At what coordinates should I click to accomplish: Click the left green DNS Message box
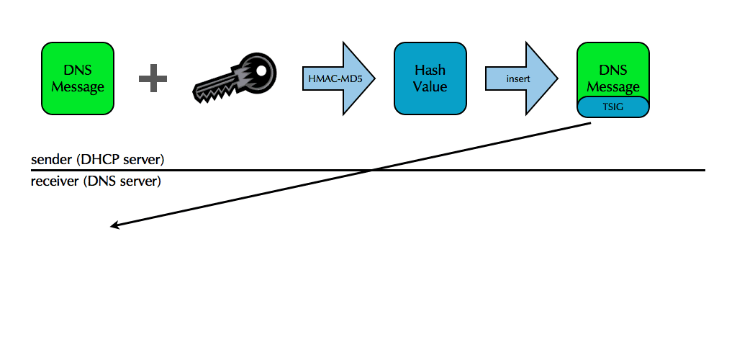tap(78, 78)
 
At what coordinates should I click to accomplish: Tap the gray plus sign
tap(153, 78)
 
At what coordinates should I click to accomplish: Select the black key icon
tap(234, 78)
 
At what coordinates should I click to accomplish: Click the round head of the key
tap(258, 70)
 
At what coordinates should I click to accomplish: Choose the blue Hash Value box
tap(430, 78)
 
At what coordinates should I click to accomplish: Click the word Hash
tap(430, 71)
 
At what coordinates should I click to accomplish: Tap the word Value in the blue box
tap(430, 86)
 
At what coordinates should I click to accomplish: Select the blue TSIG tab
tap(613, 106)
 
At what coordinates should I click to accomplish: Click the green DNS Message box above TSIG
tap(613, 72)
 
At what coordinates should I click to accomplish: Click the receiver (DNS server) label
tap(96, 181)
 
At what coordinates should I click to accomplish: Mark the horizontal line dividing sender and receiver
tap(432, 171)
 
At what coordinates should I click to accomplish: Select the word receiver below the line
tap(54, 181)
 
